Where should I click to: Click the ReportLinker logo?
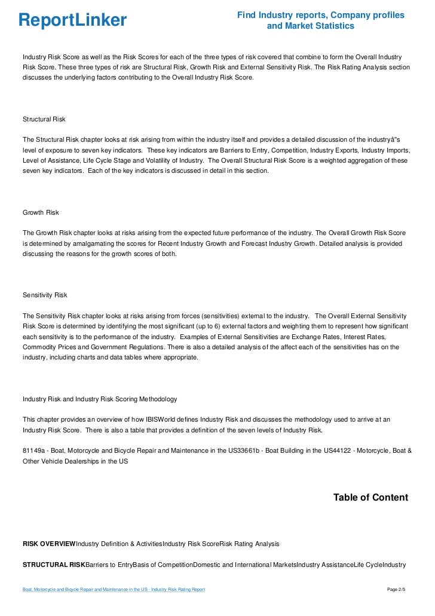(x=72, y=20)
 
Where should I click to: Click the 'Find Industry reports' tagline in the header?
(x=320, y=20)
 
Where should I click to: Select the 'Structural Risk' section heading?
(x=44, y=120)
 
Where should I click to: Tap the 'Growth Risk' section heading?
(x=40, y=212)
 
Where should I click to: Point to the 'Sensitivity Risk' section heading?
(x=45, y=295)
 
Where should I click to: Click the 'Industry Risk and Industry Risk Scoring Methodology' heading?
(x=99, y=399)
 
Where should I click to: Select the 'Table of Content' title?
(x=370, y=498)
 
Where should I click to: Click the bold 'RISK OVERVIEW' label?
(x=49, y=544)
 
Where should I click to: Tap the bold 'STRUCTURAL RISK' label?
(x=54, y=565)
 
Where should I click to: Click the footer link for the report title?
(x=114, y=590)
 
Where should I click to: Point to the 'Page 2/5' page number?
(x=396, y=590)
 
